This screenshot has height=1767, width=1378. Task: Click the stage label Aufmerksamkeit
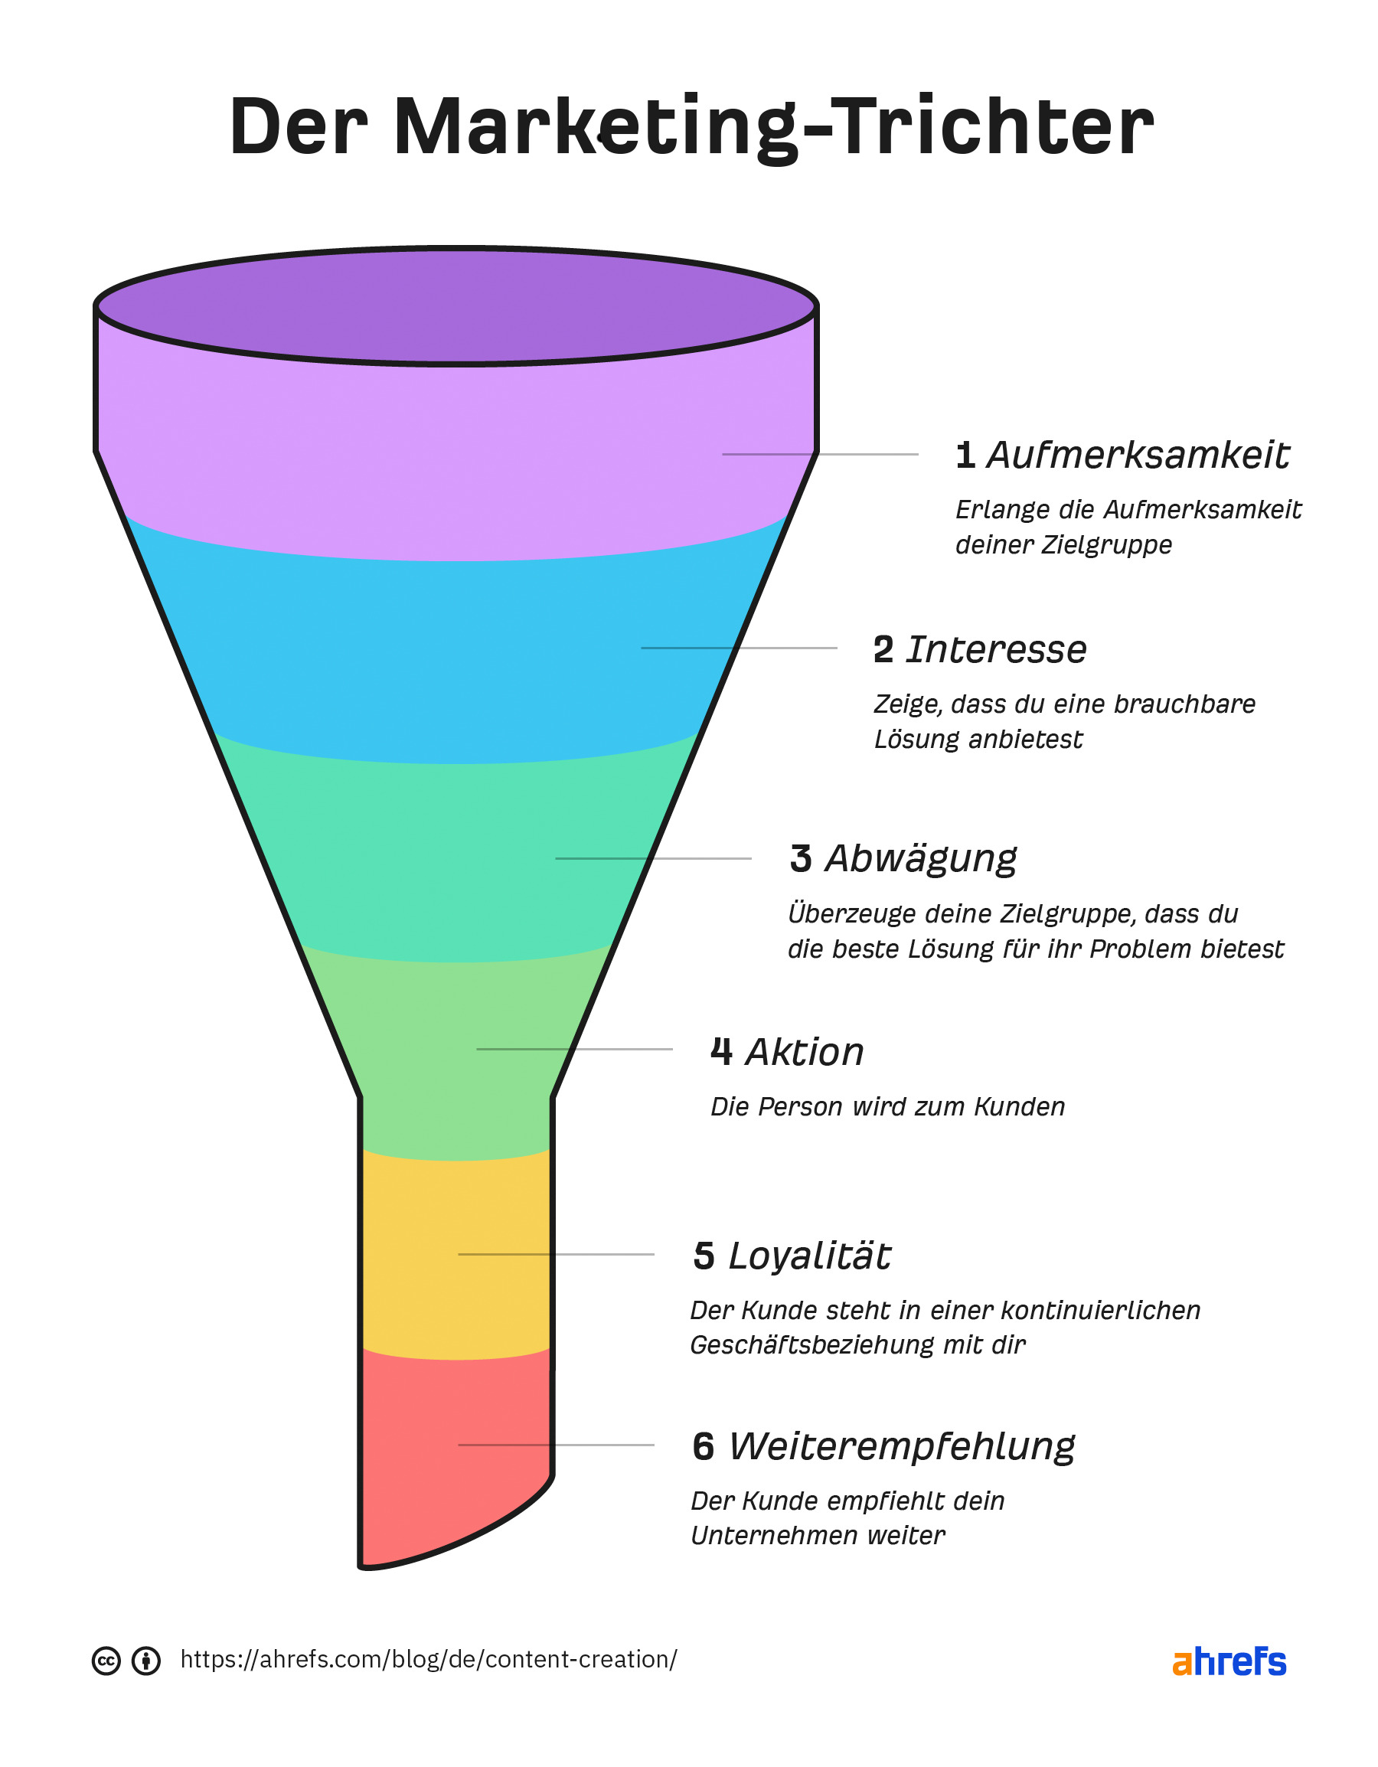(x=1138, y=456)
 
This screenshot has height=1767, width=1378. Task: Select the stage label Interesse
(x=996, y=650)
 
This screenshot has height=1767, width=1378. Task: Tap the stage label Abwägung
(x=921, y=859)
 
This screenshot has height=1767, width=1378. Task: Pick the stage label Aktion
(x=805, y=1053)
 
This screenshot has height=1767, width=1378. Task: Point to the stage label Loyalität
(x=809, y=1256)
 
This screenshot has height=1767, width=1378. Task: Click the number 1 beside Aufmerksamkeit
(x=965, y=456)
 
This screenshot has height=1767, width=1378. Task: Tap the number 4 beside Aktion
(x=721, y=1053)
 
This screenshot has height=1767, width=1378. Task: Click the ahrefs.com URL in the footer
(x=428, y=1659)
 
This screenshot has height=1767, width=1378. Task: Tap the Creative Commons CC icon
(x=106, y=1661)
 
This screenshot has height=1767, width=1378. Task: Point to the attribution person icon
(x=145, y=1661)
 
